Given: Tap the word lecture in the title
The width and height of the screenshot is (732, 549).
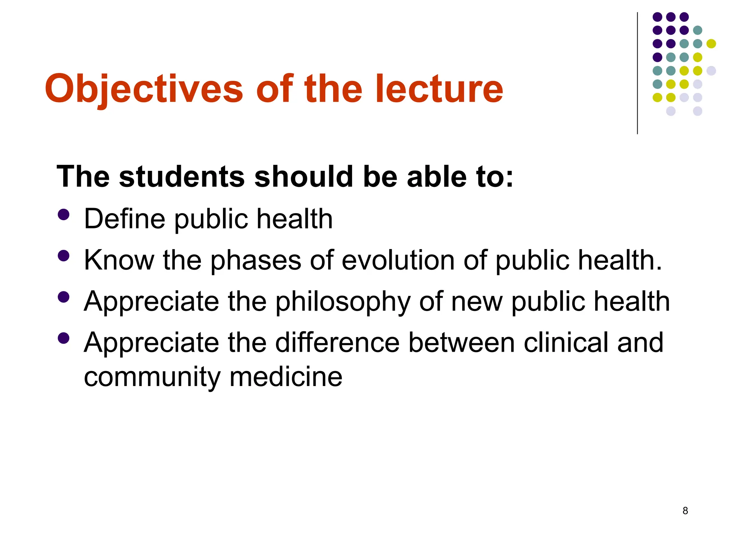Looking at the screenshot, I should [x=439, y=89].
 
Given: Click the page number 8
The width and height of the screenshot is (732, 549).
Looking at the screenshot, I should [x=685, y=511].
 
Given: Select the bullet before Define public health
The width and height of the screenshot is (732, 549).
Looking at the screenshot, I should [x=63, y=214].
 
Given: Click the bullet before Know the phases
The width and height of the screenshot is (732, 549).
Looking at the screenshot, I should [x=63, y=256].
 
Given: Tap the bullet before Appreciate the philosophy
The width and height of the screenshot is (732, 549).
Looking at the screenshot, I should [x=63, y=297].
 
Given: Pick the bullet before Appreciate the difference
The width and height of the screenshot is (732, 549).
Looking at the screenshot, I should [x=63, y=338].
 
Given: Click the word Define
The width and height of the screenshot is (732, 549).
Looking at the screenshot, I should [x=124, y=219].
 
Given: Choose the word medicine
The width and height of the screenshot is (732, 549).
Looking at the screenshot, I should [x=286, y=377].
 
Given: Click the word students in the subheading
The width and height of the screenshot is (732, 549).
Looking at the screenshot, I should [x=182, y=177].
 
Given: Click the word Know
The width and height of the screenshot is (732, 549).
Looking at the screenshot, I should [x=119, y=260].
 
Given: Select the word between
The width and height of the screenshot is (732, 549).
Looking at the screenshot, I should [x=461, y=342].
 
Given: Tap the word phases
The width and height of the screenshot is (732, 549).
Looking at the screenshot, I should [x=256, y=261].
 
